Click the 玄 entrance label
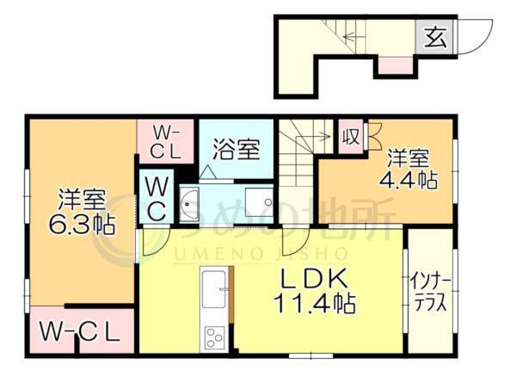[x=434, y=37]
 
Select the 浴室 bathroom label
[x=236, y=149]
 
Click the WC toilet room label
[x=157, y=197]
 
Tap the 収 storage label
[x=350, y=138]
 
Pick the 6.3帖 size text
[x=82, y=226]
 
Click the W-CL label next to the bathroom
[x=165, y=140]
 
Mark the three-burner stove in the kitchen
[x=212, y=337]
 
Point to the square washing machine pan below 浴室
[x=255, y=205]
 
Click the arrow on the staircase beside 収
[x=318, y=134]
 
